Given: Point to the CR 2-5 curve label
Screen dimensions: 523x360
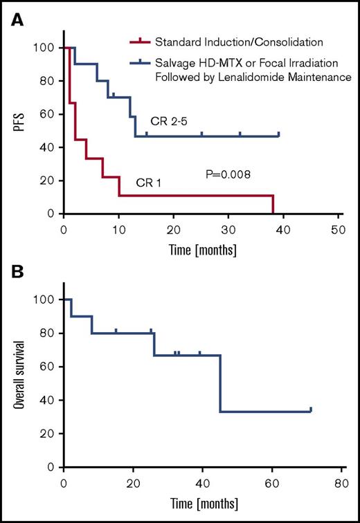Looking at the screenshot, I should [x=166, y=122].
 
